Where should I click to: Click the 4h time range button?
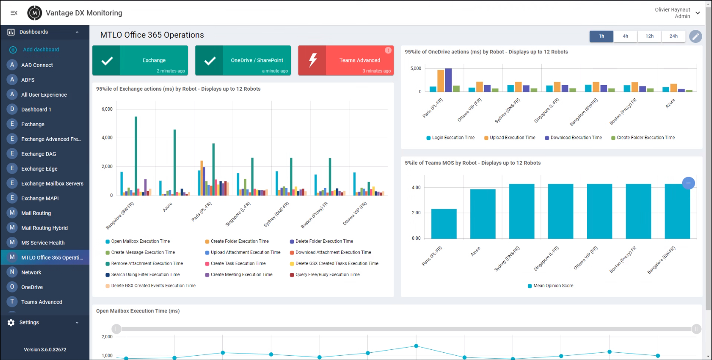pos(625,36)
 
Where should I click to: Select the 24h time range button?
pos(673,36)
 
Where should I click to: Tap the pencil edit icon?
pos(695,36)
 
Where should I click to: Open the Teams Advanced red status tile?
pos(346,61)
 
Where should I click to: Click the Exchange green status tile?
pos(140,61)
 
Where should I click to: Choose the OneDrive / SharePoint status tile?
pos(243,61)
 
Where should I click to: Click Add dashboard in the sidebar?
pos(41,50)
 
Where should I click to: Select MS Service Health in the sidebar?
pos(43,243)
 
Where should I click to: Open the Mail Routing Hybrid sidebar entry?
pos(44,228)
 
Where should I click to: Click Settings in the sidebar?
pos(29,322)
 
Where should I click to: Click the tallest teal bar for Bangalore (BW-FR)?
pos(136,156)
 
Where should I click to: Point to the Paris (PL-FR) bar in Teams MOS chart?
pos(443,224)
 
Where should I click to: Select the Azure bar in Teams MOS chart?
pos(482,214)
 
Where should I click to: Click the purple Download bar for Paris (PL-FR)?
pos(448,80)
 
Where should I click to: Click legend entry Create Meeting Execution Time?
pos(241,274)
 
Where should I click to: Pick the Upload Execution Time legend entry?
pos(512,138)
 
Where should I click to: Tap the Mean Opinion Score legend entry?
pos(553,286)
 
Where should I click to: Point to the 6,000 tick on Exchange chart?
pos(107,109)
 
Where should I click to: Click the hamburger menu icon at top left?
pos(14,13)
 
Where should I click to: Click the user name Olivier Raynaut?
pos(672,10)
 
